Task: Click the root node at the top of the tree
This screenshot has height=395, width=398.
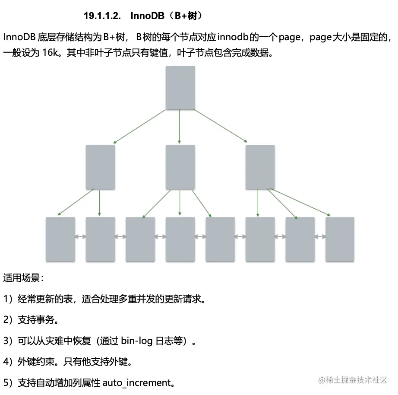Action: coord(180,87)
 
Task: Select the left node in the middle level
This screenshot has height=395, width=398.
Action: coord(100,167)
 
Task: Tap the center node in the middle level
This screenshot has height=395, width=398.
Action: coord(180,167)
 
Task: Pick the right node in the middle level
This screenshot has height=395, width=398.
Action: coord(260,167)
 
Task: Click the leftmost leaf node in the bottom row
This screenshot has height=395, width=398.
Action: coord(60,239)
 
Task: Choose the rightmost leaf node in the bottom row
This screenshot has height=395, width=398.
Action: coord(340,239)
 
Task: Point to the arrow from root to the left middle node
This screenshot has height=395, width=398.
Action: coord(139,126)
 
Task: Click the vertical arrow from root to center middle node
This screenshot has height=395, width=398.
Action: coord(180,126)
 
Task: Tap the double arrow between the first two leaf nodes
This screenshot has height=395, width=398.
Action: coord(80,237)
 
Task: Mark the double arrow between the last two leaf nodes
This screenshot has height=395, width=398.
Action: coord(320,237)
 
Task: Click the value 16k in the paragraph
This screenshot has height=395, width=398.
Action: coord(53,53)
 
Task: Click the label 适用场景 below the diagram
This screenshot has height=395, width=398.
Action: coord(22,278)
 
